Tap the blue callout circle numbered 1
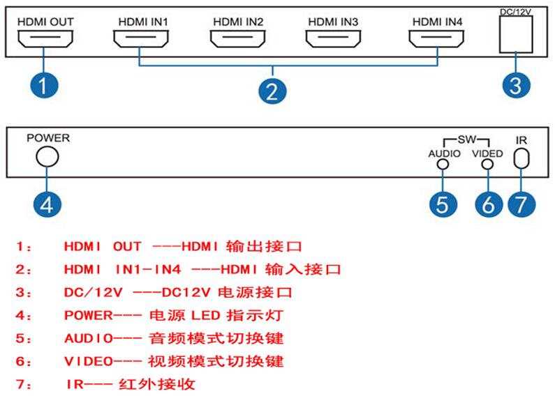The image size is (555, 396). coord(44,85)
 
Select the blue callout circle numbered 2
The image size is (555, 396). coord(272,91)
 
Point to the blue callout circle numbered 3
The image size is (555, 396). coord(517,85)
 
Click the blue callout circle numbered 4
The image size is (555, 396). coord(47,204)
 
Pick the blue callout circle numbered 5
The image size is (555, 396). coord(443,204)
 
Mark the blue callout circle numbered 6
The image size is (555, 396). coord(489,204)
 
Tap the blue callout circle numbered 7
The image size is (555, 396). coord(521,204)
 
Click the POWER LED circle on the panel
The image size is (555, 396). coord(36,156)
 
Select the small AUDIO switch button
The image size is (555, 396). coord(438,164)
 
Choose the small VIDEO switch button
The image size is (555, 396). coord(482,164)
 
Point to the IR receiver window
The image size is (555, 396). coord(515,158)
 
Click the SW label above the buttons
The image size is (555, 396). coord(467,139)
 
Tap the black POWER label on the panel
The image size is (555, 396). coord(48,138)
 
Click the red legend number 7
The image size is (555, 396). coord(20,384)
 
